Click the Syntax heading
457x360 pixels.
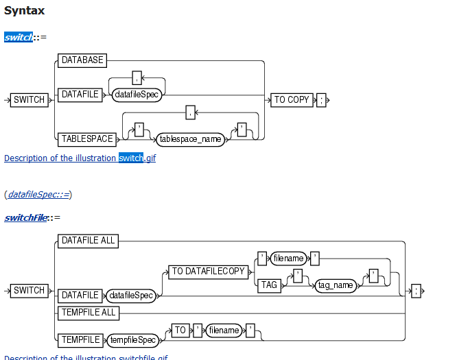(x=25, y=10)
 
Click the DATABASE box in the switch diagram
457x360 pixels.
(x=82, y=60)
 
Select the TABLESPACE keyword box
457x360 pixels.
(x=87, y=139)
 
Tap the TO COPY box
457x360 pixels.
(x=292, y=100)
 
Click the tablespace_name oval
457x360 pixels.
(x=191, y=139)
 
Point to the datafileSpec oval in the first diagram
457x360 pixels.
(x=137, y=95)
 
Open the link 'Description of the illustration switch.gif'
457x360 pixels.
(x=80, y=158)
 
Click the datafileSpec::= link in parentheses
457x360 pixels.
(x=38, y=195)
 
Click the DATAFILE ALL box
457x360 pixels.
(x=88, y=241)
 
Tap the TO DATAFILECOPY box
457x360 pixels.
(x=209, y=272)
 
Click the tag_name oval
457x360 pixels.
(x=335, y=285)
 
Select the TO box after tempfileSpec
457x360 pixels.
(x=180, y=331)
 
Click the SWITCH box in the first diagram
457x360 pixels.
(x=30, y=100)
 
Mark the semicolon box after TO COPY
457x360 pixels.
(x=321, y=100)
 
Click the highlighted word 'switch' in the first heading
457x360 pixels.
(x=19, y=37)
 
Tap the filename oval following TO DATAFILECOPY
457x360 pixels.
(x=288, y=259)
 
